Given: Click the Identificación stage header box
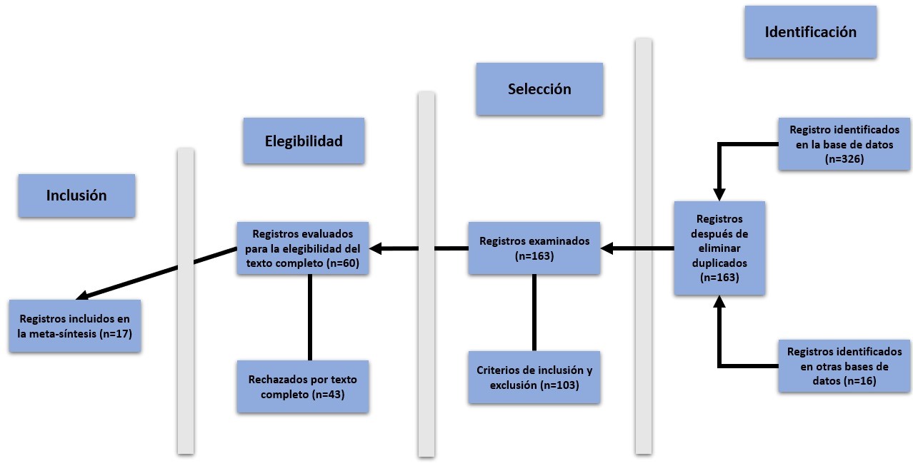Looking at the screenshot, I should pyautogui.click(x=810, y=32).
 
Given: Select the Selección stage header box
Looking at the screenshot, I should pyautogui.click(x=539, y=89).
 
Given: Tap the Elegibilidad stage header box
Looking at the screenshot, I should pyautogui.click(x=304, y=141).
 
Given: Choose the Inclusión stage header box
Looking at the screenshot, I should pyautogui.click(x=76, y=196).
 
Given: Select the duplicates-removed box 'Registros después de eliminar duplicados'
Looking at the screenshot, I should pyautogui.click(x=719, y=248).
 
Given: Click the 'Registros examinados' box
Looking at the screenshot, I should pyautogui.click(x=534, y=248).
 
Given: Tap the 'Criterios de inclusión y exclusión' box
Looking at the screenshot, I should pyautogui.click(x=534, y=378).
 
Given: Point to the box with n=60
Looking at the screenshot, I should pyautogui.click(x=304, y=248).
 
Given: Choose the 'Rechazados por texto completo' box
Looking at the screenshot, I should pyautogui.click(x=304, y=386).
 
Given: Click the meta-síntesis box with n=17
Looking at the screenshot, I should pyautogui.click(x=76, y=325).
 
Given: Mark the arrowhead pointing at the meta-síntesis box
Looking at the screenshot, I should pyautogui.click(x=81, y=296).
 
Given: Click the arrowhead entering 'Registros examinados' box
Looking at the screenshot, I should pyautogui.click(x=607, y=248).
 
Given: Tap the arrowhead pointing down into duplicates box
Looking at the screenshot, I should pyautogui.click(x=719, y=194).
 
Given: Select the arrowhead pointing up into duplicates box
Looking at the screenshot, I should pyautogui.click(x=719, y=302).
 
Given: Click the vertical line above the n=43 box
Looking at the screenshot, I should pyautogui.click(x=309, y=318).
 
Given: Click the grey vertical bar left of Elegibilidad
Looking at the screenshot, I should pyautogui.click(x=186, y=300).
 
